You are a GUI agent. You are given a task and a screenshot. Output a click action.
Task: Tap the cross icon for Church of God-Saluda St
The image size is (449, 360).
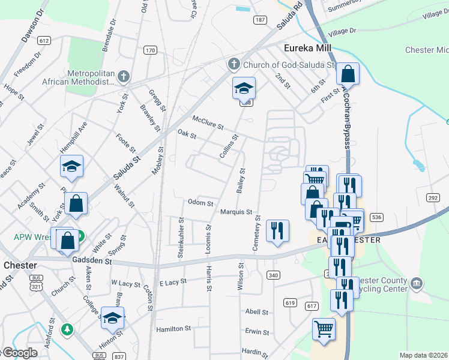click(x=234, y=64)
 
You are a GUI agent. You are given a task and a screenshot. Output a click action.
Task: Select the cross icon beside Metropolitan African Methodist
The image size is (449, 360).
click(x=123, y=76)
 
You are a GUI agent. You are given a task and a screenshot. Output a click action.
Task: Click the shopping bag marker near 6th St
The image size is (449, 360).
click(x=348, y=75)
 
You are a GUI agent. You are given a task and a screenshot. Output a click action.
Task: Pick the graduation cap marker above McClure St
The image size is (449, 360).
click(x=244, y=89)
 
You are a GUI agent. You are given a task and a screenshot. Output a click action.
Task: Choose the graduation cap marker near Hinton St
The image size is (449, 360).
click(x=112, y=319)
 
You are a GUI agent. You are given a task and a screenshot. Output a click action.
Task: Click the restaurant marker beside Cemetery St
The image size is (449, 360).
click(x=277, y=230)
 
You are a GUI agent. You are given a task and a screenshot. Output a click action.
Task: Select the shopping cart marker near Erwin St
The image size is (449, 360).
click(x=324, y=329)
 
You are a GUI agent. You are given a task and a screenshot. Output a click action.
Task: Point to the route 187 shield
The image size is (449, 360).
click(x=259, y=20)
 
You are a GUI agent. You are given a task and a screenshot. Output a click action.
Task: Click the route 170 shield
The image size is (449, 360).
click(x=150, y=50)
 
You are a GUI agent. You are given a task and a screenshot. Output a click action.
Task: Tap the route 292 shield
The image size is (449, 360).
click(x=433, y=197)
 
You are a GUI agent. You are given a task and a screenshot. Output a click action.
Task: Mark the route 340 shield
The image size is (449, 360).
click(x=273, y=275)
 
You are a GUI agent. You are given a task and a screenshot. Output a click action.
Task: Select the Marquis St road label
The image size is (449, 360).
click(x=235, y=212)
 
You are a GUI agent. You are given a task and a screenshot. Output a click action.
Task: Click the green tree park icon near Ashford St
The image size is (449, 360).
click(x=68, y=329)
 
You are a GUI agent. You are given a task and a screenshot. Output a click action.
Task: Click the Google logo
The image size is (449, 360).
click(x=19, y=353)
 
